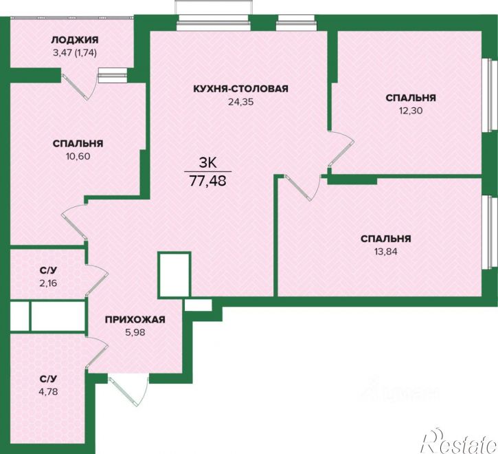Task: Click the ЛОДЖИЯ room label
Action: click(x=75, y=40)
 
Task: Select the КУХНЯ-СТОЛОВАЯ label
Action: click(x=240, y=89)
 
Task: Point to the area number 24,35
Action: click(x=240, y=102)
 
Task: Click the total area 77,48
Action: click(x=208, y=181)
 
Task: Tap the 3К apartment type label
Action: click(x=207, y=163)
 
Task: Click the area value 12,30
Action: click(x=411, y=111)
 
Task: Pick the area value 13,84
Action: click(x=386, y=252)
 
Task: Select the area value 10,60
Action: click(x=78, y=156)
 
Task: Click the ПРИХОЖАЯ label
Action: click(x=135, y=319)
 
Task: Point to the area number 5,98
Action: click(x=135, y=332)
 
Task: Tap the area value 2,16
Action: click(x=48, y=283)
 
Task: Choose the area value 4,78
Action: click(x=48, y=391)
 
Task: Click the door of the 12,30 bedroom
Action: click(x=341, y=149)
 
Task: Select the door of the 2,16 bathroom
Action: click(x=97, y=280)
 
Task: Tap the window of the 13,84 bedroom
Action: click(x=488, y=233)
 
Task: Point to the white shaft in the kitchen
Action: click(x=174, y=274)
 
